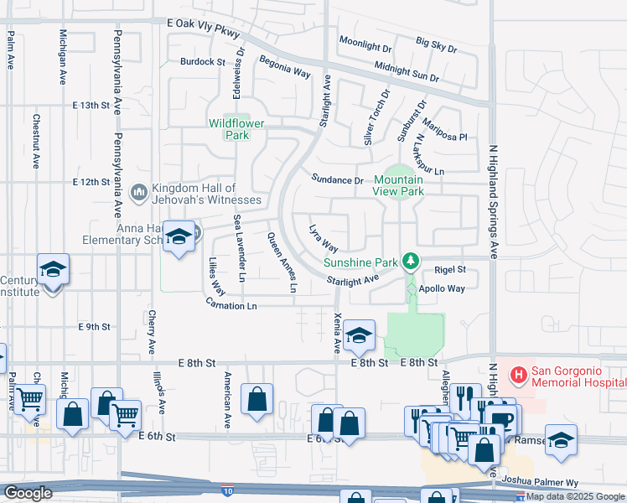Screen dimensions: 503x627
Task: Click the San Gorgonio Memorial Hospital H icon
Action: pos(520,373)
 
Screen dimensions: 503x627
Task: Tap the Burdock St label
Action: pos(203,62)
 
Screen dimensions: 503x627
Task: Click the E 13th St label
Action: pos(92,106)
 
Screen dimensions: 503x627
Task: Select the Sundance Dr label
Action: pos(337,179)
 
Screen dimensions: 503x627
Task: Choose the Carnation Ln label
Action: pos(231,306)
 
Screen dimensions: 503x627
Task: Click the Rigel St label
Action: pos(450,270)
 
